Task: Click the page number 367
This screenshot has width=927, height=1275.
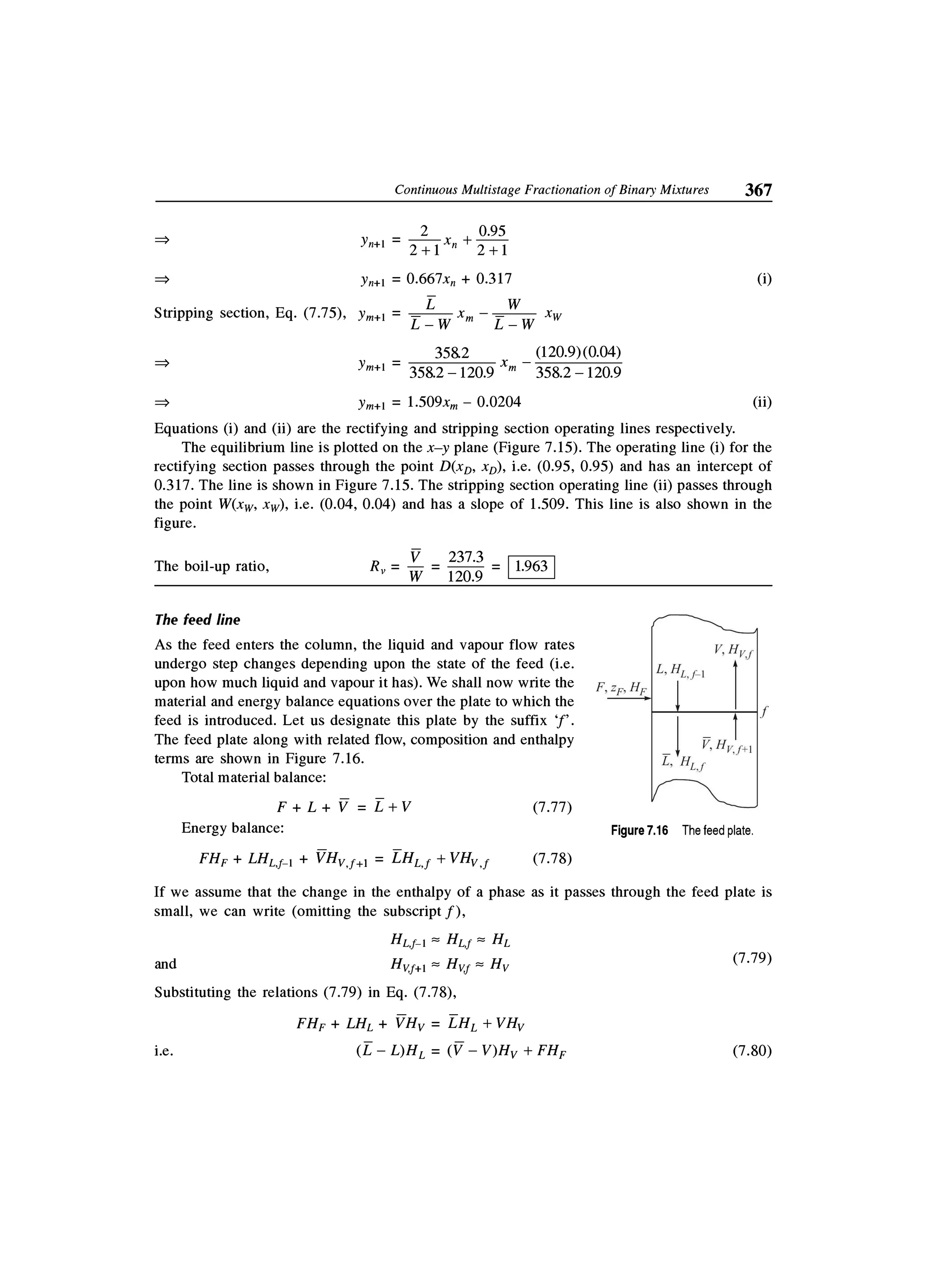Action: point(758,190)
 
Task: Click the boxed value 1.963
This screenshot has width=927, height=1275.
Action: point(531,566)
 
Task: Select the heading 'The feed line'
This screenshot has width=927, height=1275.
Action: point(197,620)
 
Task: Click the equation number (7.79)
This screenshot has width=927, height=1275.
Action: point(752,958)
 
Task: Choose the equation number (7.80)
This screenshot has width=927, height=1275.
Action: point(752,1051)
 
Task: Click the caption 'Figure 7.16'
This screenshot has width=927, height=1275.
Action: point(639,831)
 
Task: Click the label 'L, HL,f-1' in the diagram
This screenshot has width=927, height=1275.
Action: point(681,671)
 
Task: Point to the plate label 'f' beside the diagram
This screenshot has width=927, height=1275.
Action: point(764,712)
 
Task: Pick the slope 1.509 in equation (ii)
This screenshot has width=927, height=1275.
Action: point(425,402)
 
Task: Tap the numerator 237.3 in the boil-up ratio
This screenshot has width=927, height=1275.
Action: point(465,557)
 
